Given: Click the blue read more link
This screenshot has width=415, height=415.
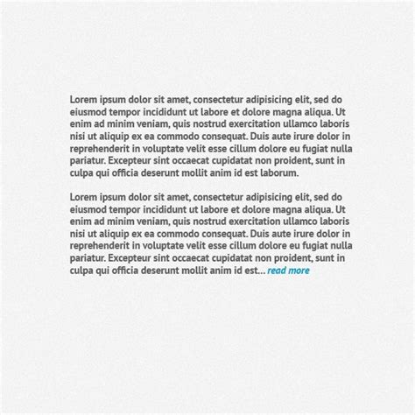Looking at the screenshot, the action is (288, 271).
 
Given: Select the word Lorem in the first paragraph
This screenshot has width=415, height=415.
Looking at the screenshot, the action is (84, 99).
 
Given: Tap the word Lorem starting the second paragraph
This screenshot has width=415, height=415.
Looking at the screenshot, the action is (84, 197).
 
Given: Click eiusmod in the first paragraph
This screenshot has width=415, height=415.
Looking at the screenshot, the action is (89, 111).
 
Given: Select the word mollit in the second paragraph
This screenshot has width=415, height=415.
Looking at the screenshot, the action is (205, 271).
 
